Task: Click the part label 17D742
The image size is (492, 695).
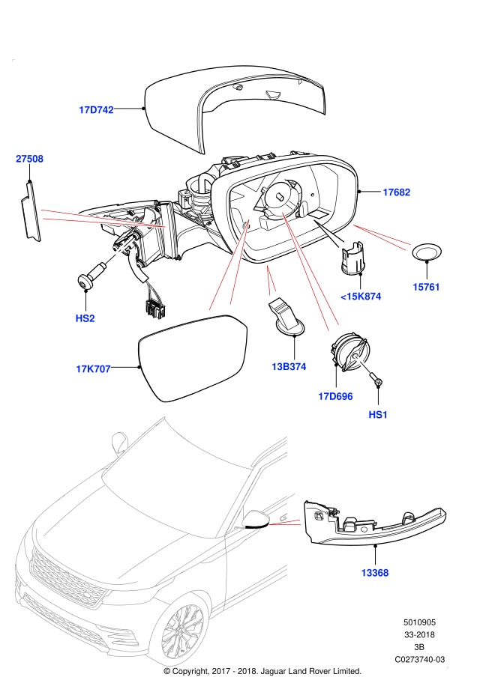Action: pos(96,110)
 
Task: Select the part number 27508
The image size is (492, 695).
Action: pos(29,159)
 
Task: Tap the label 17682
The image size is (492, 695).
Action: pos(396,192)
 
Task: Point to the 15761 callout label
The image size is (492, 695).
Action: pos(426,287)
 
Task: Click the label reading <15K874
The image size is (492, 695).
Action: pos(361,297)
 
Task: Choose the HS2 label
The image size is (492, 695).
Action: pos(85,318)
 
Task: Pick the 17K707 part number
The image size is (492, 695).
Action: pos(93,369)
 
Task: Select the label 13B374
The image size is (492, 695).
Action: pos(289,367)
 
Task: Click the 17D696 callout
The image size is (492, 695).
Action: pos(335,397)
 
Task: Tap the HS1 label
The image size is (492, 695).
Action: pos(378,415)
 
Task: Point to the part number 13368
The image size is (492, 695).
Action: pos(374,573)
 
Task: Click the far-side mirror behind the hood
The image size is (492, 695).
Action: pos(119,442)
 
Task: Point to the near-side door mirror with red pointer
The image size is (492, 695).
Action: pos(255,519)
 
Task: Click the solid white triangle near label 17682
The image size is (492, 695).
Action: pos(331,234)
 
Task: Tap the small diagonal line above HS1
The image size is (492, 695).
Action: pos(362,364)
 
